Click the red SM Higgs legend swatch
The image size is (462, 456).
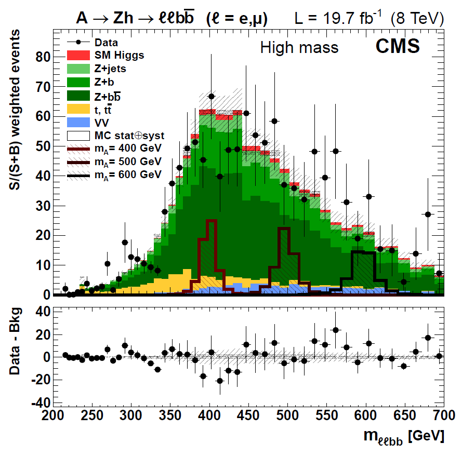click(x=78, y=55)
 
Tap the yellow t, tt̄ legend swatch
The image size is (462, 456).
click(x=78, y=109)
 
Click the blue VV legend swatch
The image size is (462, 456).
click(x=78, y=122)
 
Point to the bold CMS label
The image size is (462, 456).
click(x=398, y=47)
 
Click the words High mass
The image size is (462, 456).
click(x=299, y=48)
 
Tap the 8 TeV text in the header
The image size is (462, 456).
click(x=420, y=19)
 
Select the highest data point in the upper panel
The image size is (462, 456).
click(x=212, y=97)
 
